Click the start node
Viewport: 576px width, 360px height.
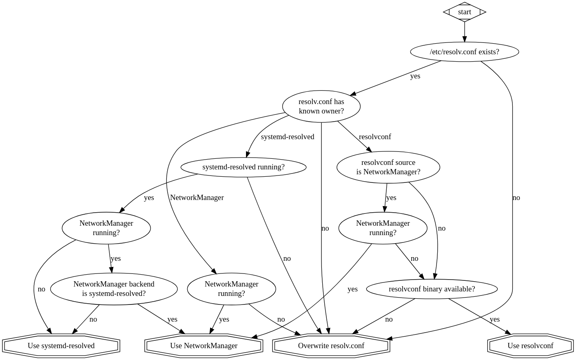464,12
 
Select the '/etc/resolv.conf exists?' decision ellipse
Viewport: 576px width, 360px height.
464,52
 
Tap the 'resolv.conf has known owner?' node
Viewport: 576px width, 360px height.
321,106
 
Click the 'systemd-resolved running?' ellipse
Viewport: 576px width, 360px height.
243,167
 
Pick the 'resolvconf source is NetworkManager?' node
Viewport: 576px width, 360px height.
388,167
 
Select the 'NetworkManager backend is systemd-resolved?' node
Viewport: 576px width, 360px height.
114,289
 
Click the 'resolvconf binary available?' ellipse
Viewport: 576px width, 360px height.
432,289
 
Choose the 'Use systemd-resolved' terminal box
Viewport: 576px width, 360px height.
61,346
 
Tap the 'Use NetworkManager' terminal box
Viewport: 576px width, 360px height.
204,346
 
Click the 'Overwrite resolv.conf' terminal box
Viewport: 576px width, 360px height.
331,346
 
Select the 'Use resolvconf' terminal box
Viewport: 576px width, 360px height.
530,346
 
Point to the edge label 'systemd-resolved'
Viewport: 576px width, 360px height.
287,137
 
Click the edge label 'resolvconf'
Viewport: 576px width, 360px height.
374,137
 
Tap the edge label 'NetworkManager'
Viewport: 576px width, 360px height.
197,198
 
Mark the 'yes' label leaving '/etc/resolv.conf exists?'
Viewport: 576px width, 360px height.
415,76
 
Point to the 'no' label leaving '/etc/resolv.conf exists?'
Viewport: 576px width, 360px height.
516,198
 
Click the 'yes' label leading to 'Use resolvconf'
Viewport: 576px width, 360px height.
494,319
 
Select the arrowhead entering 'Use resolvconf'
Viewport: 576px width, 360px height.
508,333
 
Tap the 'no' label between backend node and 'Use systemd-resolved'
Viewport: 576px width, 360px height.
93,319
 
